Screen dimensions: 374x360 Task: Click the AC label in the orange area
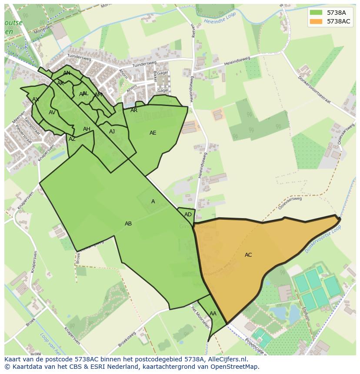[x=248, y=255]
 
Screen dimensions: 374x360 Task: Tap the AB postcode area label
[x=128, y=224]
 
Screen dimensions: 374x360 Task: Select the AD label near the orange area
[x=188, y=215]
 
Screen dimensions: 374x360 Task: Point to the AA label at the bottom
[x=213, y=314]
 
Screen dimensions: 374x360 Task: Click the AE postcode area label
[x=153, y=133]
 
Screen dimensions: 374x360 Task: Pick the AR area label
[x=134, y=110]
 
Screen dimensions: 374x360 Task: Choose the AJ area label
[x=112, y=132]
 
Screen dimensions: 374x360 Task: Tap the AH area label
[x=87, y=129]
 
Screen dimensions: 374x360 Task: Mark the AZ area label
[x=72, y=139]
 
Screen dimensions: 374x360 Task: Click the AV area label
[x=52, y=113]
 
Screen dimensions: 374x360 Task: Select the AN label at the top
[x=67, y=73]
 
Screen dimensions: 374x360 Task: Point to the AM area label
[x=98, y=95]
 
